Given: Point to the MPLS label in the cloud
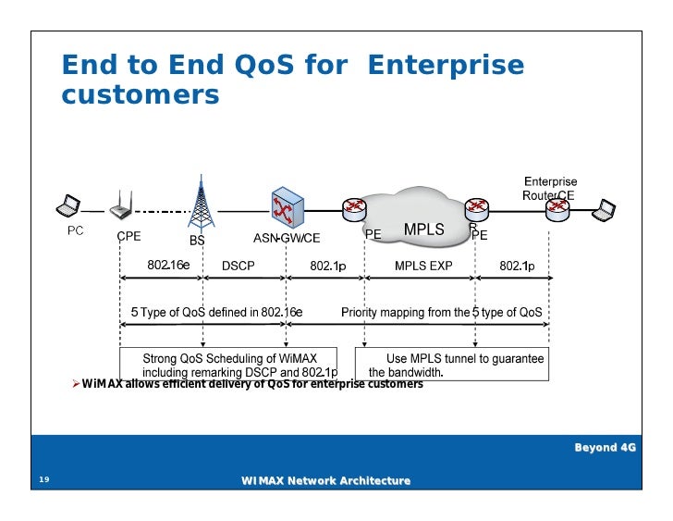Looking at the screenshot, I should pos(423,229).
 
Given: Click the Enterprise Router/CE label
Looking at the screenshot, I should pos(551,189).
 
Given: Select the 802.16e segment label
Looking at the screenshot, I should pos(168,266).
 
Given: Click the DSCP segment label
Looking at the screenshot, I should pos(239,266).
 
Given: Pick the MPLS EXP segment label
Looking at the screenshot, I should pos(423,266).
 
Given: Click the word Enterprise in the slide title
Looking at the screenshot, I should pos(447,65).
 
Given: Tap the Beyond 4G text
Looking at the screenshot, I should pos(606,447).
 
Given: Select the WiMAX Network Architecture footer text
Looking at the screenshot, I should pos(325,480).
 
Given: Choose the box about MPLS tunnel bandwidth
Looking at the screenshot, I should pos(456,366).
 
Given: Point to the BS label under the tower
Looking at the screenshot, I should pos(197,241).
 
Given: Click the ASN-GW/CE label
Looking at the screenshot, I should pos(287,238).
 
